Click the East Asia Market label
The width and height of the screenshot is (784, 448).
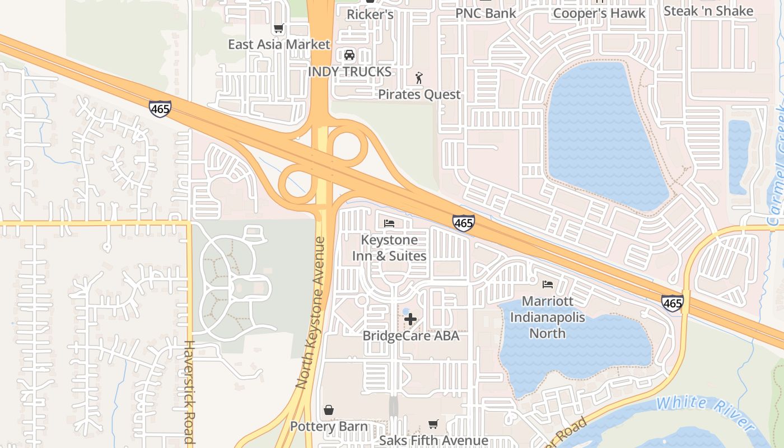click(279, 44)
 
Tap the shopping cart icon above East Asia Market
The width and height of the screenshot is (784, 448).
click(278, 28)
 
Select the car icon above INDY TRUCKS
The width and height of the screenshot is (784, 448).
click(349, 55)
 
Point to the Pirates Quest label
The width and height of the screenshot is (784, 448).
click(419, 94)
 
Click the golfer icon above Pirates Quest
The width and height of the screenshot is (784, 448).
click(419, 78)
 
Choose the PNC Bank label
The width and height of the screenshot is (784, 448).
click(485, 13)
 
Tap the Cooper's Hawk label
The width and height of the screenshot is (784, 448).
click(599, 13)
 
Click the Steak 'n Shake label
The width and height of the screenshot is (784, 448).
click(708, 11)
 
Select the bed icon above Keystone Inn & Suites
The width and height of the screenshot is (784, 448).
click(389, 223)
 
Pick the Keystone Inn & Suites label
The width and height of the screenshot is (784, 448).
click(389, 248)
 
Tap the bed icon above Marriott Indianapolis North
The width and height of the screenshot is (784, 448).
click(548, 284)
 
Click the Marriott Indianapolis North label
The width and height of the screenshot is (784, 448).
click(548, 317)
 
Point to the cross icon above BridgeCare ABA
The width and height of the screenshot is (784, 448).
click(410, 320)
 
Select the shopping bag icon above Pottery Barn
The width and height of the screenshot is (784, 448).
click(329, 410)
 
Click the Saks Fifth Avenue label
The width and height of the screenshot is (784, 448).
click(433, 441)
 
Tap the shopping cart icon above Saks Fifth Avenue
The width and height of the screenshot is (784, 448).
click(433, 424)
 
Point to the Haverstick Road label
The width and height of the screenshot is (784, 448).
click(189, 392)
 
